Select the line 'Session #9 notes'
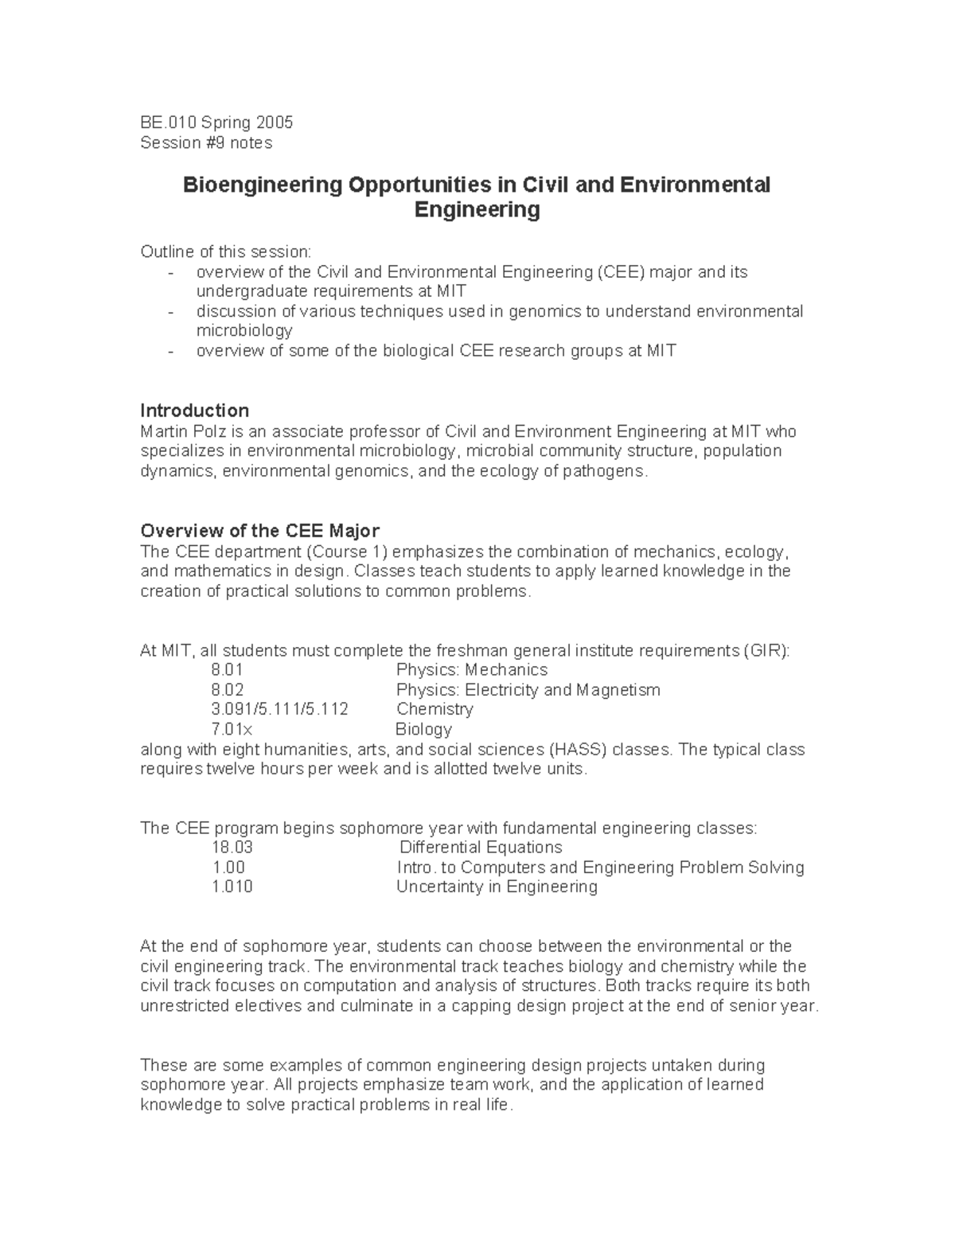click(206, 142)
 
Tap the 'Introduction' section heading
click(194, 411)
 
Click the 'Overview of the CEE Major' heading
click(259, 531)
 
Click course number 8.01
click(227, 670)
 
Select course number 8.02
click(228, 690)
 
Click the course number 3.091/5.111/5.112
click(279, 709)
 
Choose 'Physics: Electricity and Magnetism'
click(528, 690)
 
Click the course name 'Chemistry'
click(435, 709)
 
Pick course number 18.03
click(232, 848)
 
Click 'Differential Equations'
click(481, 848)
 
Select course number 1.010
click(232, 887)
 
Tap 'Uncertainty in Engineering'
click(497, 887)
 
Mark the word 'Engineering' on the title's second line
click(477, 210)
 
